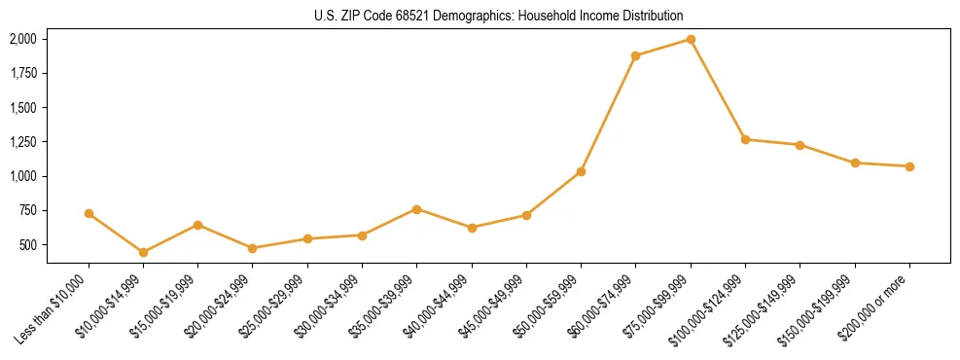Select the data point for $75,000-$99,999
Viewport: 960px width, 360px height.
click(691, 40)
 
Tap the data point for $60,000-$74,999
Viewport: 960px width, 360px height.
click(635, 55)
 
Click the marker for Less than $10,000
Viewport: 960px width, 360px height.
click(89, 213)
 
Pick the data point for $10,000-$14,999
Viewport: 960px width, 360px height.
click(143, 252)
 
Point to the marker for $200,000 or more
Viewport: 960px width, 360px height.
click(909, 166)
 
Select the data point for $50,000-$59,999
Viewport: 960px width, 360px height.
click(581, 171)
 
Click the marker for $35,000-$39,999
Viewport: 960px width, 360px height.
click(416, 209)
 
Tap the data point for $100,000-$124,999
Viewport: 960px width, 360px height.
click(745, 139)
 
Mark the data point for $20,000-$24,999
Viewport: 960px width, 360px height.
click(253, 248)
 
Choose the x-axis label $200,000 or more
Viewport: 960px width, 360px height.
click(874, 310)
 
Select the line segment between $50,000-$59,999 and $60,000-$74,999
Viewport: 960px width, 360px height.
click(608, 114)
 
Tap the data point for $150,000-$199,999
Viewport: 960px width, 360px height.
click(855, 162)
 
